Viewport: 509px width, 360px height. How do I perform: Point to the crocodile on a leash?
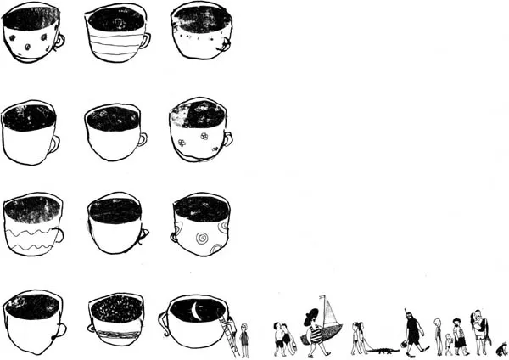[x=383, y=349]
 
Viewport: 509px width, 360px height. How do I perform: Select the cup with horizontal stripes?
[x=115, y=35]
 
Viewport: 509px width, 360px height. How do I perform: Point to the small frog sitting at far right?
[x=501, y=348]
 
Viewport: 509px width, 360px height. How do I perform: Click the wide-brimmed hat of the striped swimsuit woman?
[x=310, y=315]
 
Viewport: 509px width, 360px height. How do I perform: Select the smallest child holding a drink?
[x=448, y=343]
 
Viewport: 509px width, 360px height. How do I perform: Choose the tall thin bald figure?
[x=438, y=335]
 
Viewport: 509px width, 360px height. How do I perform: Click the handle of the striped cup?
[x=146, y=39]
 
